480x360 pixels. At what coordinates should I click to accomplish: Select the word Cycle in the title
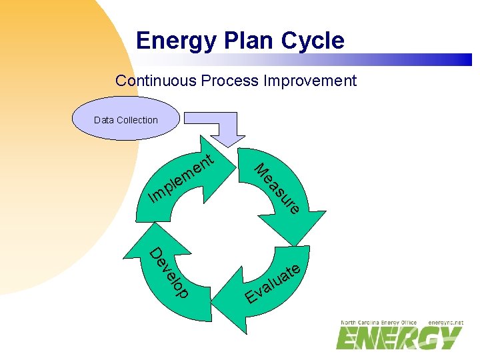[313, 41]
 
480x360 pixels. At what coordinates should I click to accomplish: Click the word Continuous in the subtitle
[151, 81]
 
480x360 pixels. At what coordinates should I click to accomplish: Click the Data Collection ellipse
[126, 119]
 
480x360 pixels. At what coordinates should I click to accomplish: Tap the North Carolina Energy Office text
[379, 322]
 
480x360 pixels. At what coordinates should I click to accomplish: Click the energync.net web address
[445, 322]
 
